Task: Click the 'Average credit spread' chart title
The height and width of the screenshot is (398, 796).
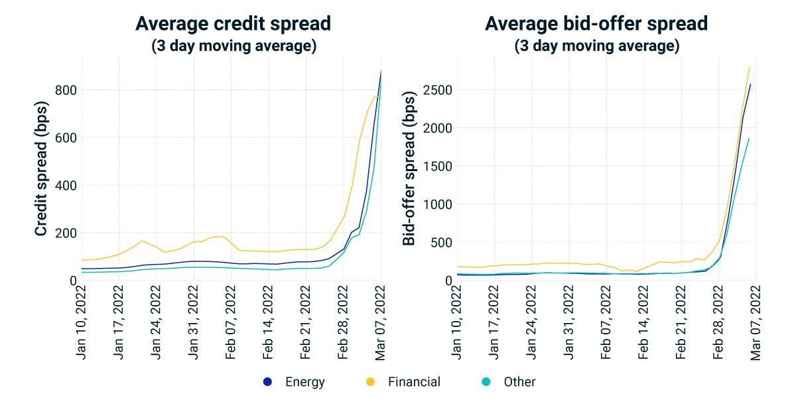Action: (233, 24)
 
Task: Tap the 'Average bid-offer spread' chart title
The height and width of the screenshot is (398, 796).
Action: (596, 24)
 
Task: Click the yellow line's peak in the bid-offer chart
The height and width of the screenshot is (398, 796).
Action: (750, 67)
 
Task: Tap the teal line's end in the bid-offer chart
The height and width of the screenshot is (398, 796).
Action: (750, 139)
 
